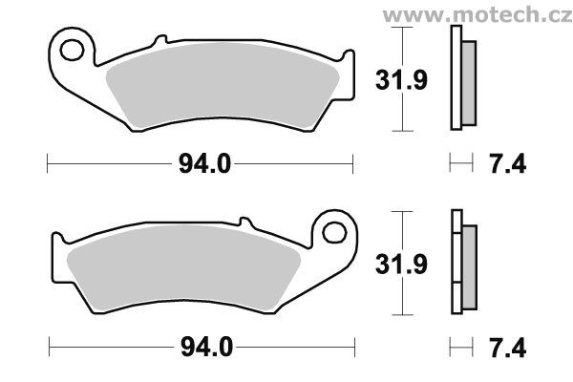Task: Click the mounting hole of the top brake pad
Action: (x=72, y=50)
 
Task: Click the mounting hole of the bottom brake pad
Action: (x=334, y=233)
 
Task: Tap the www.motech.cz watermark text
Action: (x=477, y=15)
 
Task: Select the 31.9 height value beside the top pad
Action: (x=401, y=80)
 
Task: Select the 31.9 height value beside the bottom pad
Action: (x=401, y=264)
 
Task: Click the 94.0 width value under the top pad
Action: (x=204, y=163)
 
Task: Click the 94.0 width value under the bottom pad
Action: (x=207, y=348)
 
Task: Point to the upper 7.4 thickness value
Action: (x=508, y=163)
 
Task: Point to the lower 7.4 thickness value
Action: (x=508, y=348)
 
